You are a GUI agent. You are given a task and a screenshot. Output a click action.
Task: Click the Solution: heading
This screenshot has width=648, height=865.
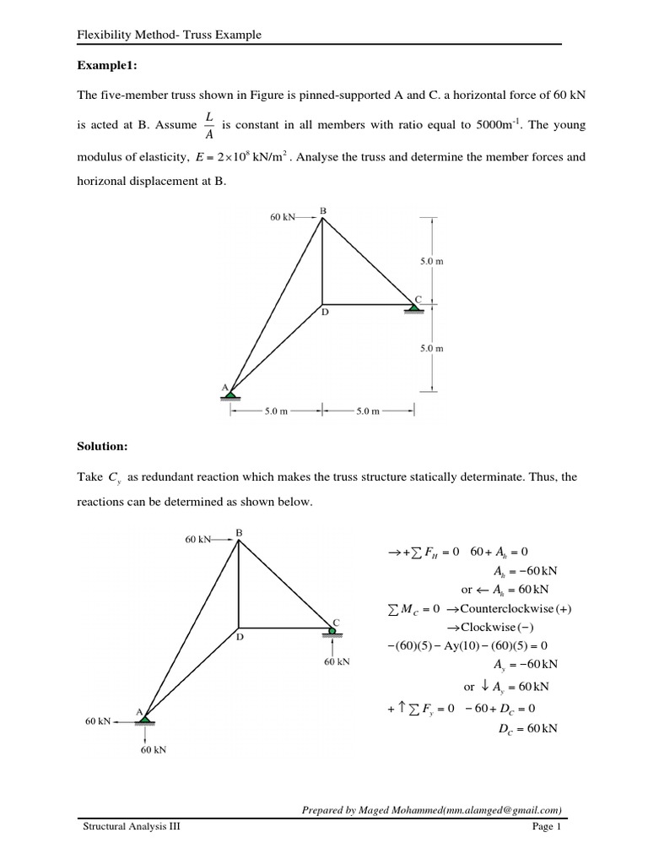coord(104,444)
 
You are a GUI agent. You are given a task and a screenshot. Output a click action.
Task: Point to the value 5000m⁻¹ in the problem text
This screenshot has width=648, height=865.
coord(497,125)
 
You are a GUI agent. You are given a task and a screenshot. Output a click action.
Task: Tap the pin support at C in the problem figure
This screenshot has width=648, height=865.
coord(413,306)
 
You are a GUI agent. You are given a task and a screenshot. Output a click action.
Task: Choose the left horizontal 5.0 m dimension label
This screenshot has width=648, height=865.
coord(277,411)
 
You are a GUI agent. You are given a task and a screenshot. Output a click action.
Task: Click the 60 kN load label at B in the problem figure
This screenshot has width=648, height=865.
coord(283,217)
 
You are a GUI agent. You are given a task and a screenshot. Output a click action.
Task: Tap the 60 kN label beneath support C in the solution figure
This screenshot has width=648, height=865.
coord(337,661)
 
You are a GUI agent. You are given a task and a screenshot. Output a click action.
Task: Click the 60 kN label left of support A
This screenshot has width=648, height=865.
coord(98,721)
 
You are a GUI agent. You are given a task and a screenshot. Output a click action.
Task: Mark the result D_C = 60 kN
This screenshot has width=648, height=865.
coord(528,728)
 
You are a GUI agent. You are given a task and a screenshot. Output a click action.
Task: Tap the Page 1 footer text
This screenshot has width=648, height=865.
coord(546,827)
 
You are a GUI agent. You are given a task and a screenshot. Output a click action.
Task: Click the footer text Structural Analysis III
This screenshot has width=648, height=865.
coord(131,827)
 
